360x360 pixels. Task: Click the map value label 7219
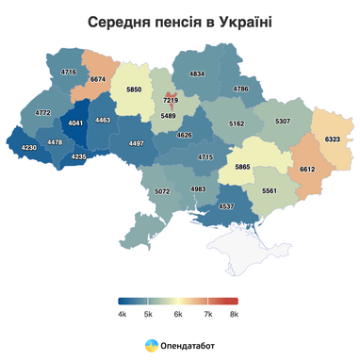pos(170,99)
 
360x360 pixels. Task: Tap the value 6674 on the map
pos(97,80)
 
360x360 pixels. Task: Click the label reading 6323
pos(332,139)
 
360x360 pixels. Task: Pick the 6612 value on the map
pos(307,170)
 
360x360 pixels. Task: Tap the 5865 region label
pos(243,167)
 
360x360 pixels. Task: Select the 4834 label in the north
pos(197,73)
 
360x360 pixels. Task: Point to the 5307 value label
pos(282,122)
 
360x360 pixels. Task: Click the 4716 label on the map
pos(68,73)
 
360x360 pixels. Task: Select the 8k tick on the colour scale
pos(233,315)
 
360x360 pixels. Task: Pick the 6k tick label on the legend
pos(177,315)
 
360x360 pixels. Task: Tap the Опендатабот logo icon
pos(151,345)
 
